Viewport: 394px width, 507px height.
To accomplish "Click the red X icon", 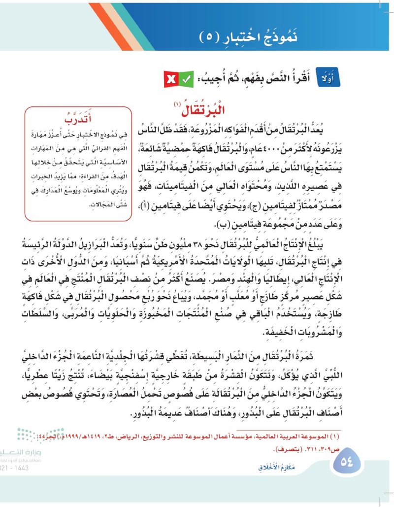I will click(171, 79).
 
